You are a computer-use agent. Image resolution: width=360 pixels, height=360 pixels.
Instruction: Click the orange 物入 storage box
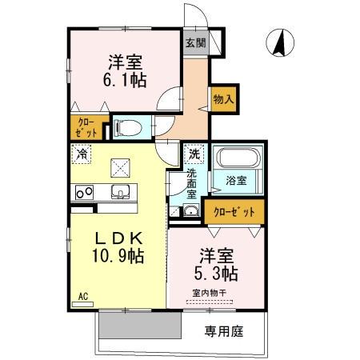(x=223, y=98)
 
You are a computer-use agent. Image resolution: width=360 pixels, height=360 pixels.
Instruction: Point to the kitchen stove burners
(x=84, y=191)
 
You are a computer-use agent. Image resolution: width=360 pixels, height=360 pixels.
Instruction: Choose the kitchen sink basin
(x=121, y=191)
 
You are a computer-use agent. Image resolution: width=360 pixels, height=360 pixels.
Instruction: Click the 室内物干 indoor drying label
(x=209, y=294)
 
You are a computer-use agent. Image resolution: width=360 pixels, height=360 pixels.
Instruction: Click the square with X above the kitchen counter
(x=122, y=166)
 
